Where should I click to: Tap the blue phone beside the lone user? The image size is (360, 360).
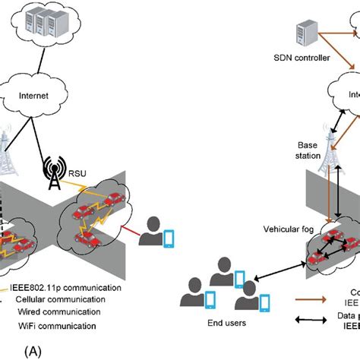pyautogui.click(x=169, y=238)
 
